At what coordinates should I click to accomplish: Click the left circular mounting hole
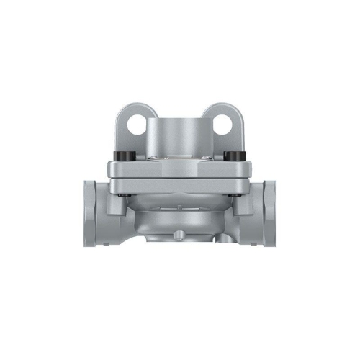click(x=135, y=125)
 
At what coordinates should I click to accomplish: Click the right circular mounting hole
click(x=223, y=125)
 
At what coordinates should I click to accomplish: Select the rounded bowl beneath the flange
click(x=179, y=216)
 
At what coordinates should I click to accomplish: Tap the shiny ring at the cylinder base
click(x=179, y=154)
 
